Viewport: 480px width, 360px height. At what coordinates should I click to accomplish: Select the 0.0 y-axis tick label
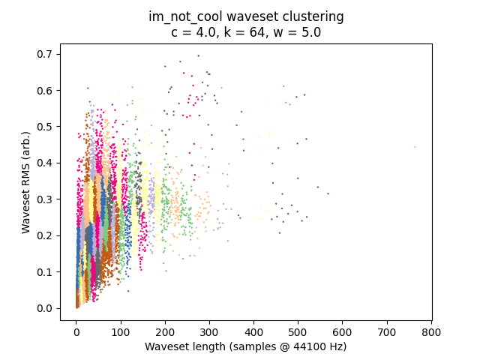pos(45,308)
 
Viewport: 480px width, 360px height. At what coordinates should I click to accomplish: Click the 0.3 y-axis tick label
pos(45,199)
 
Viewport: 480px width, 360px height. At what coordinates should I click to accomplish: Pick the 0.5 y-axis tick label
pos(45,127)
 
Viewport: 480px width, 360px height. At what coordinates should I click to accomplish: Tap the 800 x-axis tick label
pos(431,332)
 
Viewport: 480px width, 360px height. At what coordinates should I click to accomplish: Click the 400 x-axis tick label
pos(253,332)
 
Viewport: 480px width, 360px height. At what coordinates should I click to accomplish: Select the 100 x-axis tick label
pos(121,332)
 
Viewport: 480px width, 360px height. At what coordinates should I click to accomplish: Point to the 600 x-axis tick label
pos(343,332)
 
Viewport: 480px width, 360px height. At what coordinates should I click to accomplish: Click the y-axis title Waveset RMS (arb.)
pos(26,183)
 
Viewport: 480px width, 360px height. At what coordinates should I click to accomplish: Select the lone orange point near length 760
pos(415,147)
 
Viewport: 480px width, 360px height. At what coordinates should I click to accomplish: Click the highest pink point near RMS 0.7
pos(198,55)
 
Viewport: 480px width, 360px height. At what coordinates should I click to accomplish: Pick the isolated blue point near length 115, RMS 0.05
pos(128,291)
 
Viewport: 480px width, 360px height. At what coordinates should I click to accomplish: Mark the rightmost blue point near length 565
pos(328,193)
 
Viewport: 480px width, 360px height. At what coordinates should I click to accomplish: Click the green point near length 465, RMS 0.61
pos(283,86)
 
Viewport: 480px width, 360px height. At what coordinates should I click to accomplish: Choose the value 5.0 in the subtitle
pos(312,31)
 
